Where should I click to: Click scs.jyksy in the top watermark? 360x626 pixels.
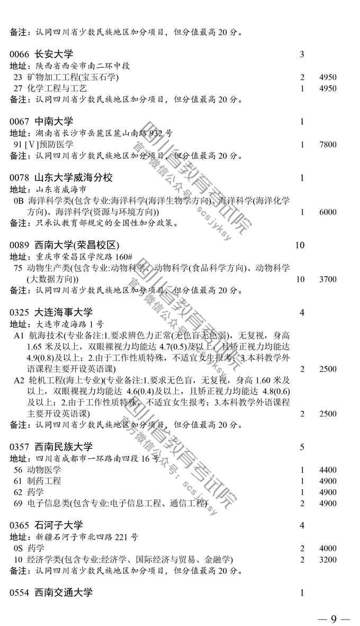coord(214,225)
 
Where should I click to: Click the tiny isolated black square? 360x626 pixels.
coord(302,54)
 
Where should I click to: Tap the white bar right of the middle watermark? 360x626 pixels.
coord(251,279)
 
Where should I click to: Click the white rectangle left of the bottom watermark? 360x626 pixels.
coord(107,480)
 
